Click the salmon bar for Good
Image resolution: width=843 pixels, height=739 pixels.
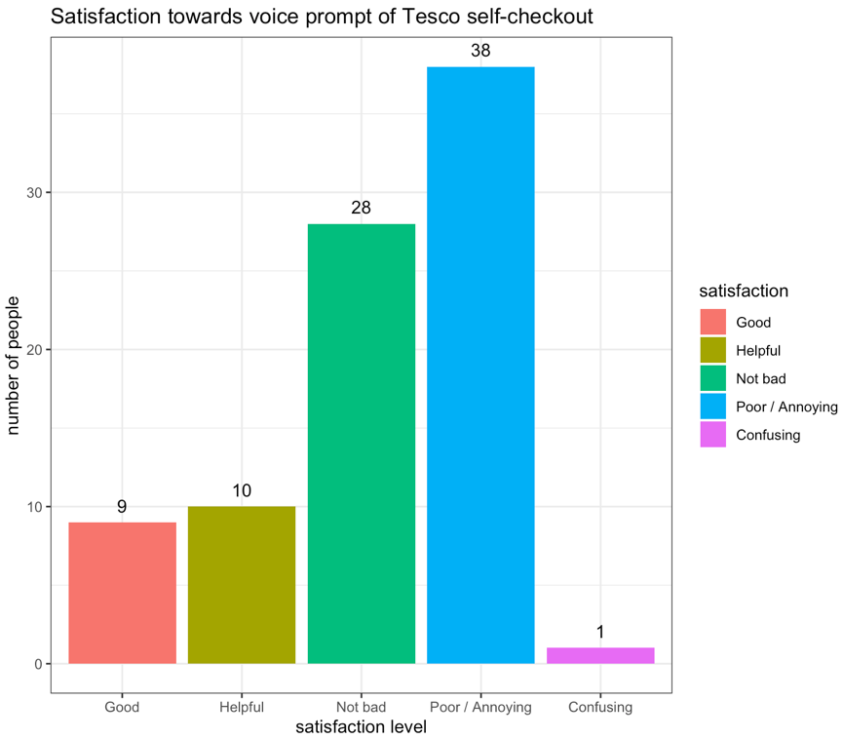click(122, 593)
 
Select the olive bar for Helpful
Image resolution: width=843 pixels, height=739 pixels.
click(242, 585)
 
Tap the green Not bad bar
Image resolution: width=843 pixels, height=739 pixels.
click(362, 444)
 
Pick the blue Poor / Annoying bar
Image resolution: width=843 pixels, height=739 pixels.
click(480, 366)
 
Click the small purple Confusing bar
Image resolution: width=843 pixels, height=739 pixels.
click(600, 655)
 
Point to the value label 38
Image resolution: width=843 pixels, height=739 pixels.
click(480, 50)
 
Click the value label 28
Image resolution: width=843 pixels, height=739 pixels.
click(362, 208)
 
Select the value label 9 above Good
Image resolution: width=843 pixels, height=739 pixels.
click(122, 506)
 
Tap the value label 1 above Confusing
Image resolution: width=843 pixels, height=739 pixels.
click(600, 632)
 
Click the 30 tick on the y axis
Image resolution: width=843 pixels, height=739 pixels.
click(35, 193)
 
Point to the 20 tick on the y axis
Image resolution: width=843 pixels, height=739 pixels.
click(35, 350)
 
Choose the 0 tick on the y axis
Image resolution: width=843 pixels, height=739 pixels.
click(39, 664)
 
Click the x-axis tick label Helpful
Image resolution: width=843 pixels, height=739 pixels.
click(242, 707)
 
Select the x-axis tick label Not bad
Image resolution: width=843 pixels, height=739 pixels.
click(362, 707)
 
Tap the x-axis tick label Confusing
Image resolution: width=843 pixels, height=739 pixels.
click(600, 707)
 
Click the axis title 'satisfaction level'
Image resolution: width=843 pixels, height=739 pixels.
click(362, 726)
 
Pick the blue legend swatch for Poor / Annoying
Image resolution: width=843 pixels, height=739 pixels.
click(713, 407)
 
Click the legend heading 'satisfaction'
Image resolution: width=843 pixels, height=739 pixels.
click(744, 291)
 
